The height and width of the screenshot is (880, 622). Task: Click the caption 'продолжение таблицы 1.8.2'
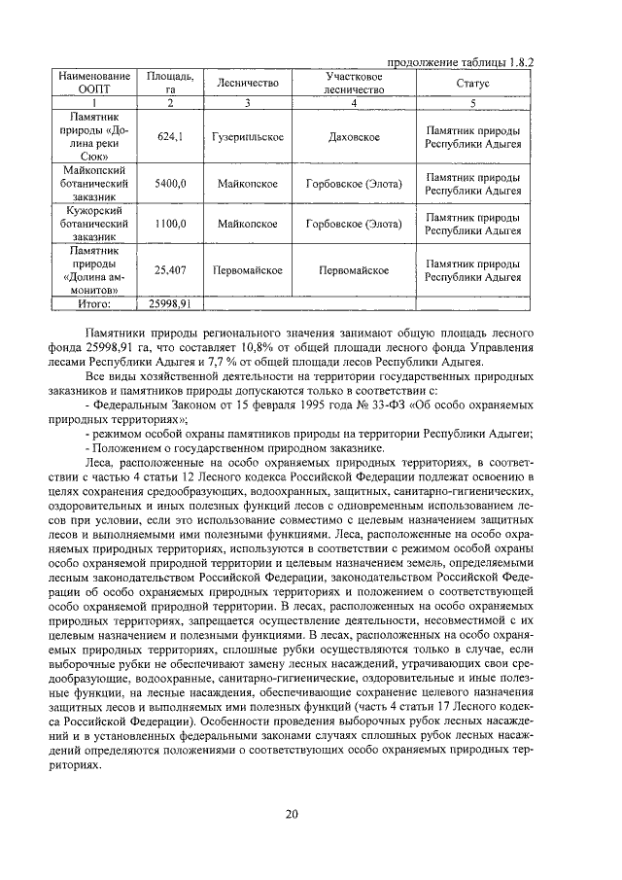[463, 60]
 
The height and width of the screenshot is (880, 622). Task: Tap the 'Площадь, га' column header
[169, 84]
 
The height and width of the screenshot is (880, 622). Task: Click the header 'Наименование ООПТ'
[94, 84]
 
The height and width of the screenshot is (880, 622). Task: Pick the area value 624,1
[169, 138]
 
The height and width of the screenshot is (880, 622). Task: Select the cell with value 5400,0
[169, 184]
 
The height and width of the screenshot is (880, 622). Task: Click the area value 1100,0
[169, 223]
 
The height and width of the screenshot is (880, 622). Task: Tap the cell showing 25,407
[169, 270]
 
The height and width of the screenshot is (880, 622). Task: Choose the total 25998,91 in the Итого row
[169, 303]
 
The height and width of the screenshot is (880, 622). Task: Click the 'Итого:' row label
[94, 303]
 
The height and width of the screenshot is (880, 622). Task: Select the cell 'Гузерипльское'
[249, 138]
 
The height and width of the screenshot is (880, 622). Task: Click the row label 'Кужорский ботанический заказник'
[94, 223]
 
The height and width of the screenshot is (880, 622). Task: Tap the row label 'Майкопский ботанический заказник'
[94, 184]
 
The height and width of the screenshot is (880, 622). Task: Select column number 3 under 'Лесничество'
[249, 102]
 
